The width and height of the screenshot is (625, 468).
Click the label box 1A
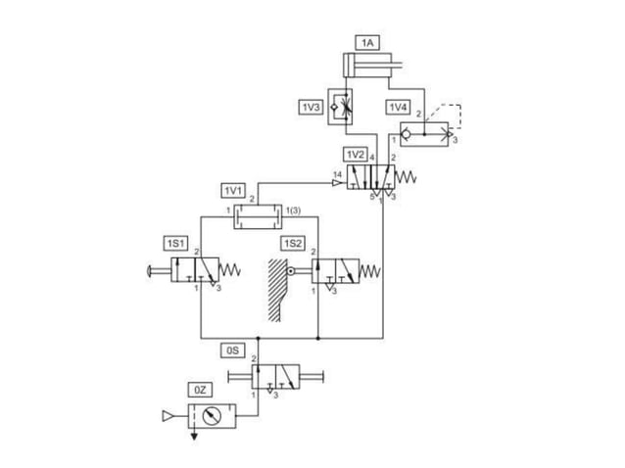pyautogui.click(x=367, y=43)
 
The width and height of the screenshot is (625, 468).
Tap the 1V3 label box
pyautogui.click(x=312, y=107)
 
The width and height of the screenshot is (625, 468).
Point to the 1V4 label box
pyautogui.click(x=397, y=107)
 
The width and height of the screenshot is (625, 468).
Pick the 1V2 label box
pyautogui.click(x=355, y=156)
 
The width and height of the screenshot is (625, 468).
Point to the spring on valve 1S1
pyautogui.click(x=230, y=269)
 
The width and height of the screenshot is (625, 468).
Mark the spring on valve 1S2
pyautogui.click(x=371, y=268)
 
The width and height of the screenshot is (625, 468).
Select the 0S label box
pyautogui.click(x=233, y=348)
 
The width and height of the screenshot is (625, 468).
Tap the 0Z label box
pyautogui.click(x=201, y=391)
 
